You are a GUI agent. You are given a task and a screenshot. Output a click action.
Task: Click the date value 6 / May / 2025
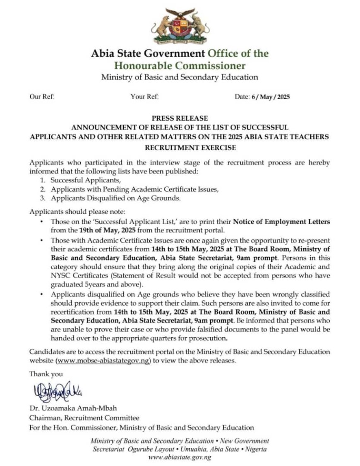[271, 98]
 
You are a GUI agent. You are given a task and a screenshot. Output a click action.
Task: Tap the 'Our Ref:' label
[42, 98]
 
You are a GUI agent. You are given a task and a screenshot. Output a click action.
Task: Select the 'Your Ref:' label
[144, 98]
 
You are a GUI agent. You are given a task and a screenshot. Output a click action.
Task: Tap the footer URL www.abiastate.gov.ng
[180, 458]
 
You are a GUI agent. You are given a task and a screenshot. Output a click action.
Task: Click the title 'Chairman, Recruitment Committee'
[84, 418]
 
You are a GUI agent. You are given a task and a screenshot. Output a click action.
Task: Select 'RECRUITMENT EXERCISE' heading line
[180, 147]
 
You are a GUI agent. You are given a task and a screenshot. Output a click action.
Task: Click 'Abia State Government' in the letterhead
[148, 53]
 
